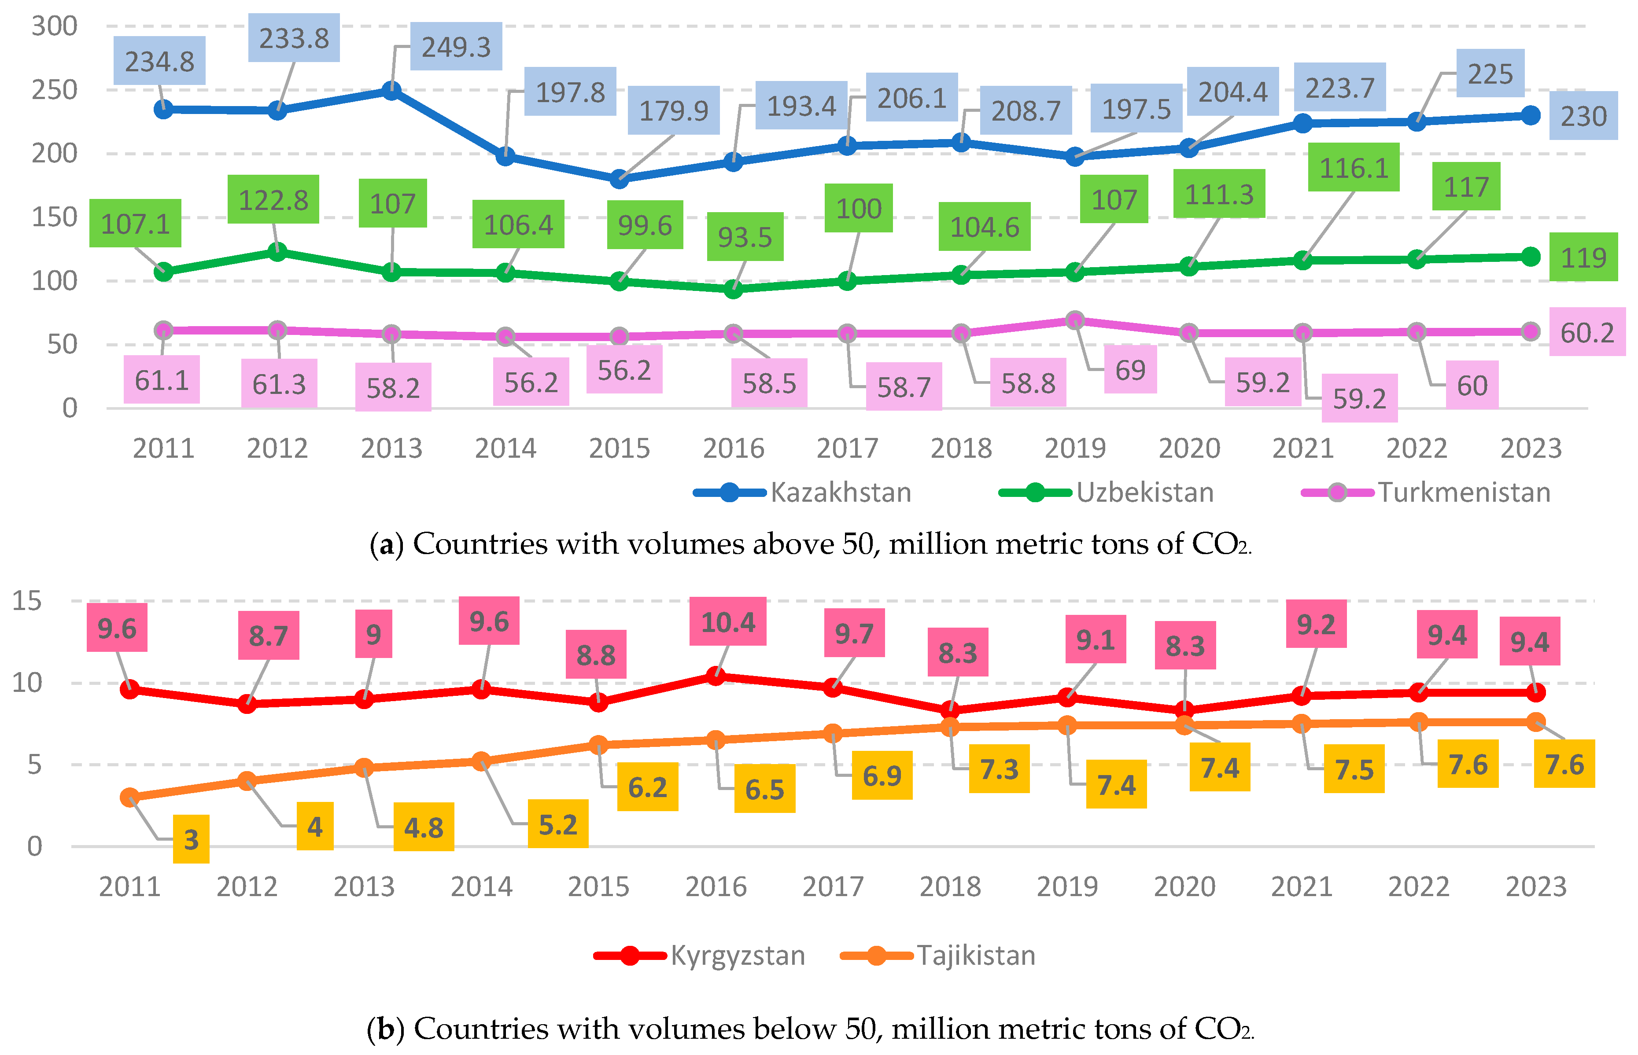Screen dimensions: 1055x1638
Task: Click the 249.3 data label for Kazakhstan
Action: (x=456, y=47)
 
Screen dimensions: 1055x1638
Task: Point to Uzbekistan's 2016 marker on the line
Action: (x=733, y=289)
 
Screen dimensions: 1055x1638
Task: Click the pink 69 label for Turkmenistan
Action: (x=1130, y=370)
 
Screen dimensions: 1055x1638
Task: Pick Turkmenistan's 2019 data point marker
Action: (x=1075, y=320)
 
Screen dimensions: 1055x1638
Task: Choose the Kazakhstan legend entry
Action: (x=802, y=493)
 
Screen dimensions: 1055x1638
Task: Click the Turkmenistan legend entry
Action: (x=1425, y=493)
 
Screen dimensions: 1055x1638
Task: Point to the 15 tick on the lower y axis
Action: (x=27, y=601)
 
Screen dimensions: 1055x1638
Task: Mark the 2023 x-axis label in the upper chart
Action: (x=1531, y=449)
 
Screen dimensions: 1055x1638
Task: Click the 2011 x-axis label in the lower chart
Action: (x=129, y=886)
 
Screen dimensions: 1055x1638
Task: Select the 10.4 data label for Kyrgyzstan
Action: (x=728, y=622)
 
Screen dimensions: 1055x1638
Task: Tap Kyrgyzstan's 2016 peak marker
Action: (x=716, y=676)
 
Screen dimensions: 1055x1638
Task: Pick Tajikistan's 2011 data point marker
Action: (x=129, y=797)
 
